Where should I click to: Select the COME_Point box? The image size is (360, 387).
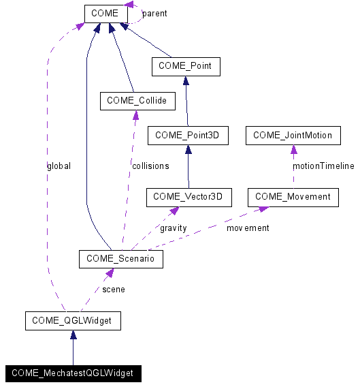coord(184,66)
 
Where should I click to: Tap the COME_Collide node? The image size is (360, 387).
coord(137,102)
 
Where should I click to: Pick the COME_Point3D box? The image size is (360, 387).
coord(187,136)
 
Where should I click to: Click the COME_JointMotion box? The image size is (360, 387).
coord(293,136)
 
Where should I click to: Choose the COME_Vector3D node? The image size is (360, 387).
coord(189,197)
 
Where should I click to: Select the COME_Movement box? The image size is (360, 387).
coord(293,197)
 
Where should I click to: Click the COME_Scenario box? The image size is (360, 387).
coord(120,259)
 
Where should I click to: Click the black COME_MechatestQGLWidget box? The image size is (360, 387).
coord(72,373)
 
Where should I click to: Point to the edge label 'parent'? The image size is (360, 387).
coord(154,13)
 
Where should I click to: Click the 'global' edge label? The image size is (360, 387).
coord(59,166)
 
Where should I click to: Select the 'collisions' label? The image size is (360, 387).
coord(150,166)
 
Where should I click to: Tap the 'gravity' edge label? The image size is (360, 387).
coord(173,228)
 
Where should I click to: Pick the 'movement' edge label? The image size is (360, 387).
coord(248,228)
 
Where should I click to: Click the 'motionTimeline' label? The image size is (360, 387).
coord(323,166)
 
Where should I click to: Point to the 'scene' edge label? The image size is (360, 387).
coord(113,289)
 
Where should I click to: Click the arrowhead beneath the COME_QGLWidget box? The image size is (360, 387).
coord(73,335)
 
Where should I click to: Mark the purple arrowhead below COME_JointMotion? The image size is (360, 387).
coord(293,149)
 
